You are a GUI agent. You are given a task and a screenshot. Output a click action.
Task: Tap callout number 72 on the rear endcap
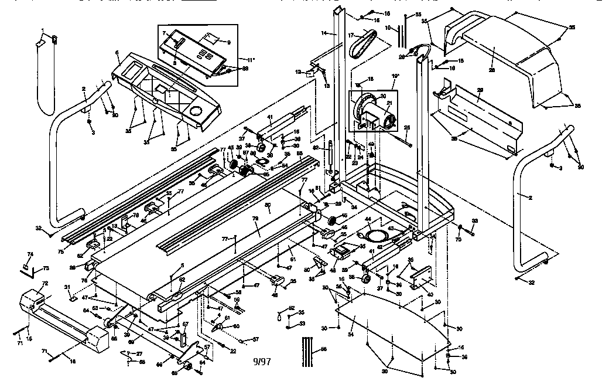(43, 283)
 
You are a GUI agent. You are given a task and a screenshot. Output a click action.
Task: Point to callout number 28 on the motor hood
(491, 69)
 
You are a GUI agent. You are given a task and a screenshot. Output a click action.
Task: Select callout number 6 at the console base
(118, 53)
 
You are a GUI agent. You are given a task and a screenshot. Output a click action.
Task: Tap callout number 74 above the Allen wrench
(30, 254)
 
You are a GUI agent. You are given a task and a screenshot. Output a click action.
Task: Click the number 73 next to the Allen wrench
(46, 268)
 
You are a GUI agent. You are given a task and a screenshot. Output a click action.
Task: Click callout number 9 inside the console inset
(228, 42)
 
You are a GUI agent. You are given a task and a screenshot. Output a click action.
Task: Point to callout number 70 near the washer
(460, 239)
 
